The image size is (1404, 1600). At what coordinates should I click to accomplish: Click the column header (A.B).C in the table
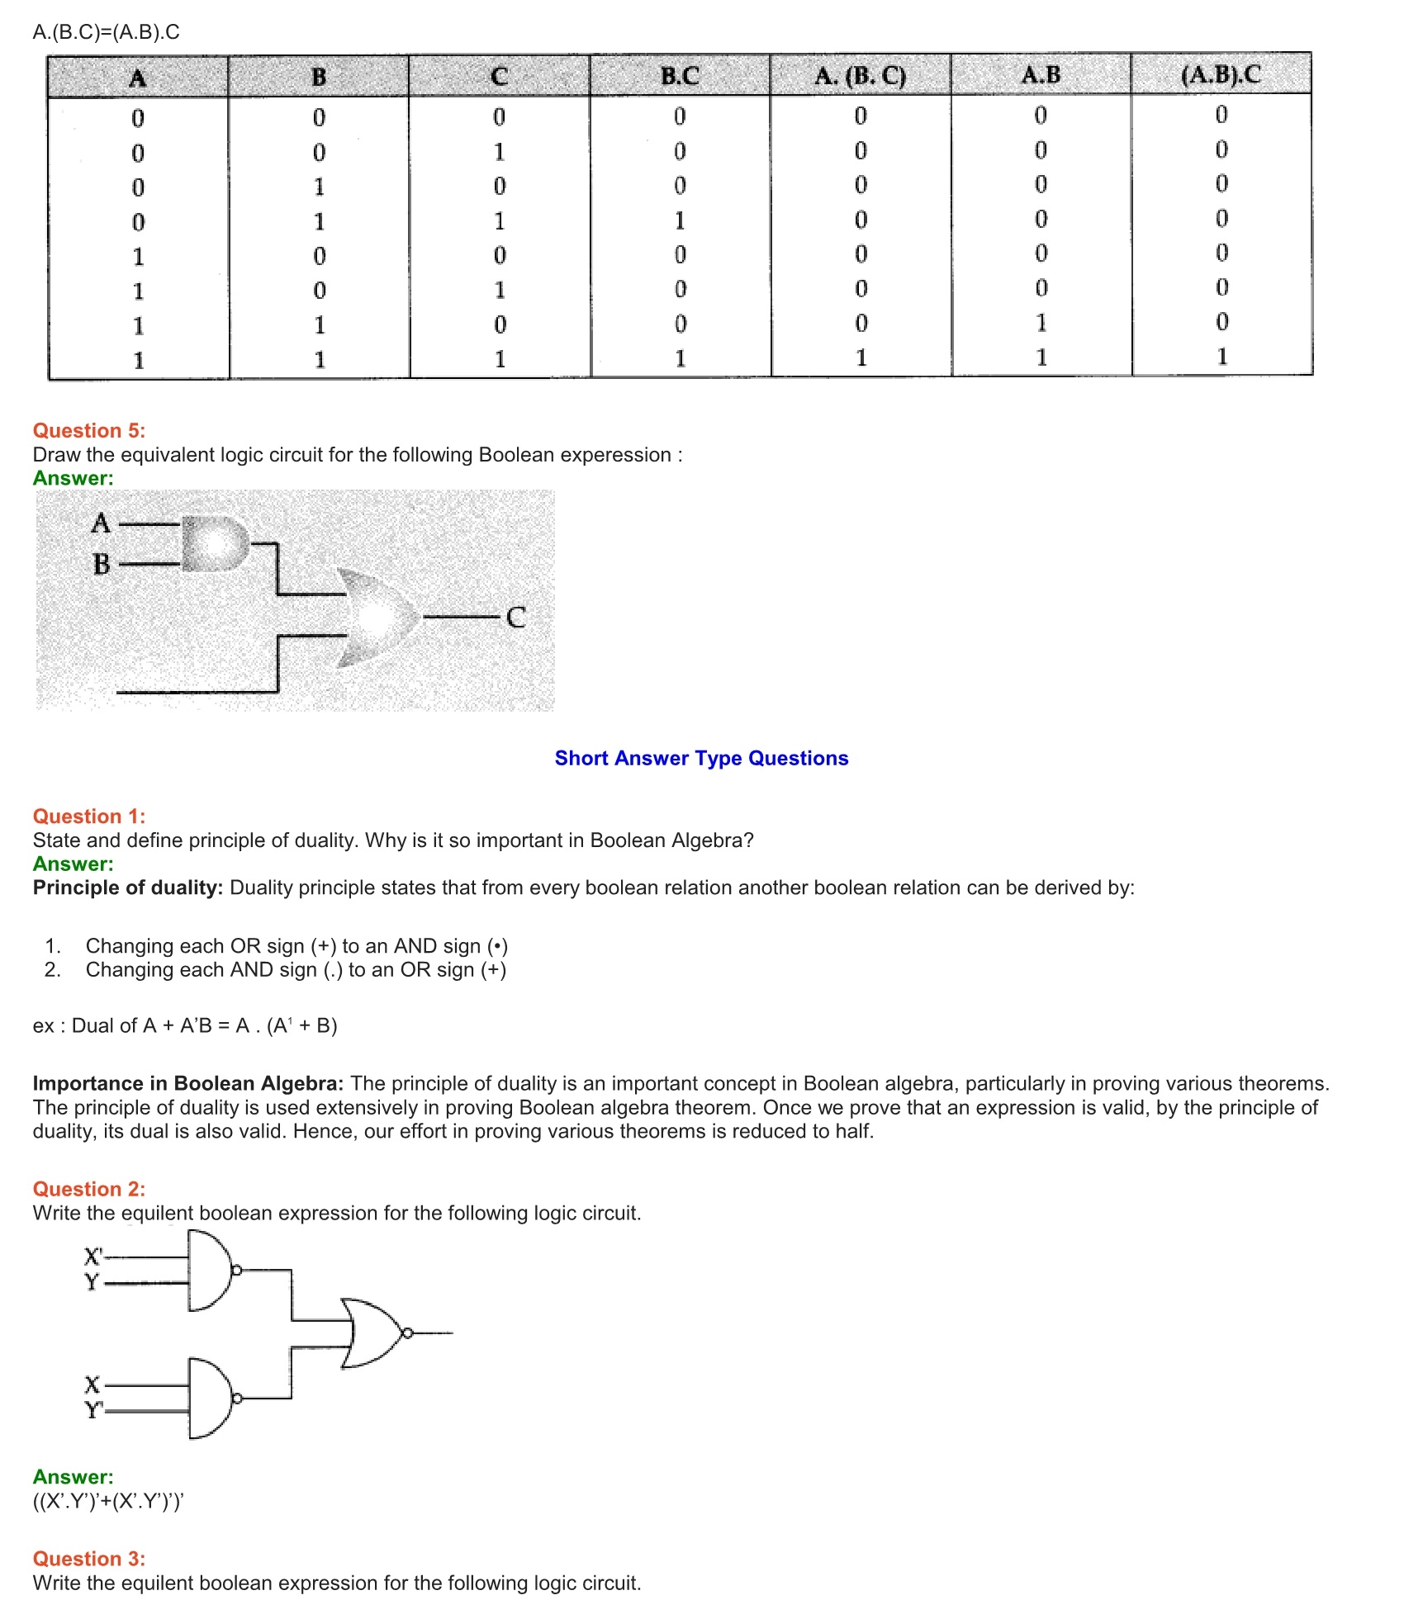pos(1221,75)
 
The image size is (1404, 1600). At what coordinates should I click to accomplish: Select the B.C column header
pos(680,76)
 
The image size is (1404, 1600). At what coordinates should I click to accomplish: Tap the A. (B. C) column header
pos(860,76)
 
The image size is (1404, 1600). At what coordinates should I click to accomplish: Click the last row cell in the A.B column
pos(1041,357)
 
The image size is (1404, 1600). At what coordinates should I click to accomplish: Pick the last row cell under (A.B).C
pos(1221,357)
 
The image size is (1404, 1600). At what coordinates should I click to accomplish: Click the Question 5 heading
pos(89,431)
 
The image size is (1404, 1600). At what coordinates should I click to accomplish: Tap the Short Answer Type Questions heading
pos(701,758)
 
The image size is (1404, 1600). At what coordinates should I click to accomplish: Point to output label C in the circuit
pos(516,618)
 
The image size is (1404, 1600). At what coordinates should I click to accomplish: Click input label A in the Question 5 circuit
pos(101,523)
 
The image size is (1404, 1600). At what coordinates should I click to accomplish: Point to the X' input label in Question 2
pos(93,1257)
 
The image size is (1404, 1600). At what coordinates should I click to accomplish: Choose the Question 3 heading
pos(89,1559)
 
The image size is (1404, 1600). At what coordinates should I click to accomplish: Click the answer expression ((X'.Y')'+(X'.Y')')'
pos(108,1501)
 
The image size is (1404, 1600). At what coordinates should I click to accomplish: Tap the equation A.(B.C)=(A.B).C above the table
pos(107,32)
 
